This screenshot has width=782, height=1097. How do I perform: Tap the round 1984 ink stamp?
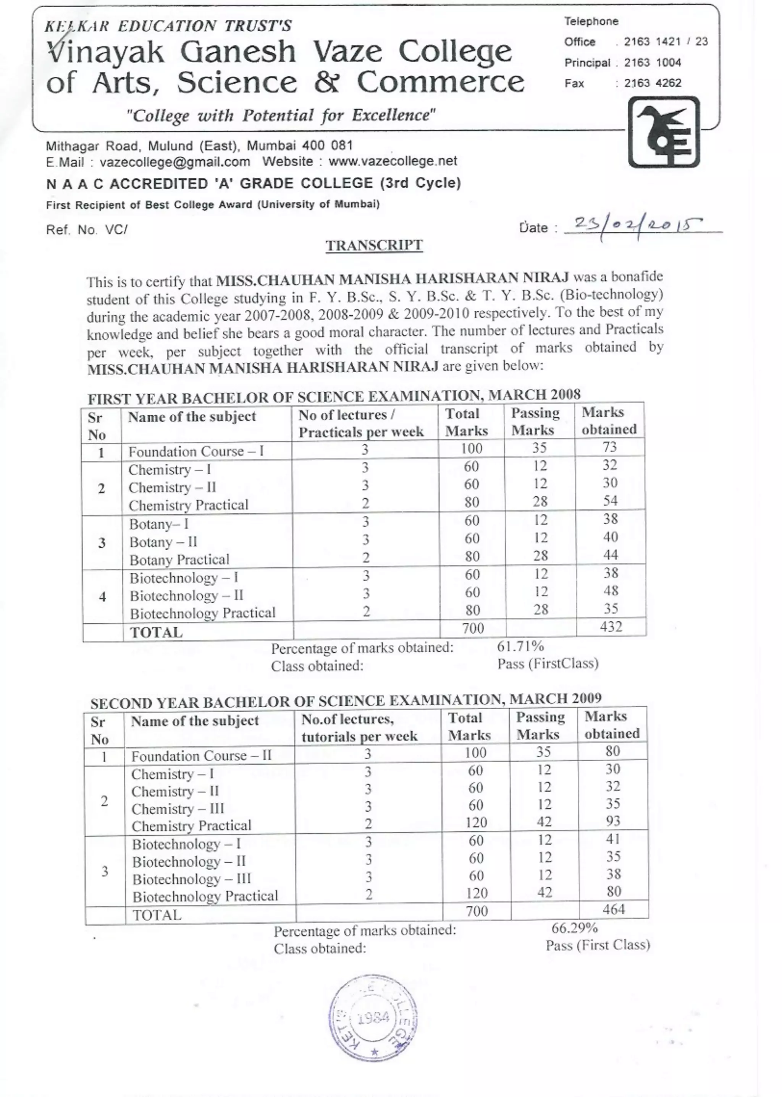[x=373, y=1017]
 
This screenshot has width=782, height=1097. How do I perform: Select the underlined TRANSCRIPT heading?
[x=374, y=245]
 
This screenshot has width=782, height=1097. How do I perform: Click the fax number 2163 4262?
[x=653, y=83]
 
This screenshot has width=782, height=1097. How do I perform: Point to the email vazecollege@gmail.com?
[x=175, y=162]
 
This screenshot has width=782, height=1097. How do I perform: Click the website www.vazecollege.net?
[x=393, y=161]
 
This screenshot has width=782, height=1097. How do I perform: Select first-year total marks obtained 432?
[x=611, y=627]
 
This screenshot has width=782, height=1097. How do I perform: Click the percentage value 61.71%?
[x=520, y=646]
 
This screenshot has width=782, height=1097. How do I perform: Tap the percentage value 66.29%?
[x=574, y=928]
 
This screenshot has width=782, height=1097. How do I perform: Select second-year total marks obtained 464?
[x=614, y=910]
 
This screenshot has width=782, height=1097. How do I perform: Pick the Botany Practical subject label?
[x=179, y=560]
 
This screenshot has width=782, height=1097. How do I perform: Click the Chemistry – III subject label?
[x=178, y=809]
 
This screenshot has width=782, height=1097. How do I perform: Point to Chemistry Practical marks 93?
[x=612, y=821]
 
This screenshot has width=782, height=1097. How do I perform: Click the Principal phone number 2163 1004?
[x=653, y=62]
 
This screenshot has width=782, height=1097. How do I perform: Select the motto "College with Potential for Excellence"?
[x=281, y=116]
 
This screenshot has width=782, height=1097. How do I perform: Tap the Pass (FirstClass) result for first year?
[x=548, y=664]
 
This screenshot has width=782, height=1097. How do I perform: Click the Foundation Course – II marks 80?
[x=612, y=751]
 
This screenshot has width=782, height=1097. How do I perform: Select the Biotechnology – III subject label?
[x=192, y=879]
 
